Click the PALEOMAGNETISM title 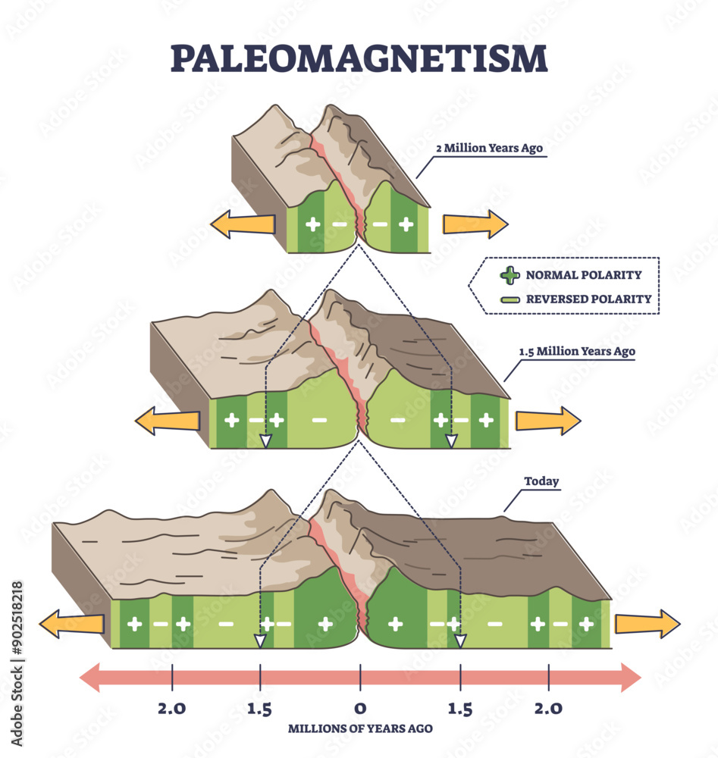click(359, 58)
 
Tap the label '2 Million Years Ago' click(489, 148)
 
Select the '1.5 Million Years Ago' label click(577, 352)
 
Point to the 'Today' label click(541, 481)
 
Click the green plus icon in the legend click(509, 275)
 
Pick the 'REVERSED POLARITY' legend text click(589, 299)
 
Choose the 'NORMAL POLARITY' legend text click(584, 275)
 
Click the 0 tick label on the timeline click(360, 708)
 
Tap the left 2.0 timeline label click(171, 708)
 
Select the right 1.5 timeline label click(459, 709)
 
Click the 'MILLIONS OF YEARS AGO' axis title click(360, 728)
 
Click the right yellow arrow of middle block click(548, 421)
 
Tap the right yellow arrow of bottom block click(647, 624)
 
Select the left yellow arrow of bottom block click(71, 624)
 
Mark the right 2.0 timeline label click(548, 708)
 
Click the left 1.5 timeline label click(259, 709)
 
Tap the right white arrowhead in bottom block click(461, 641)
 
